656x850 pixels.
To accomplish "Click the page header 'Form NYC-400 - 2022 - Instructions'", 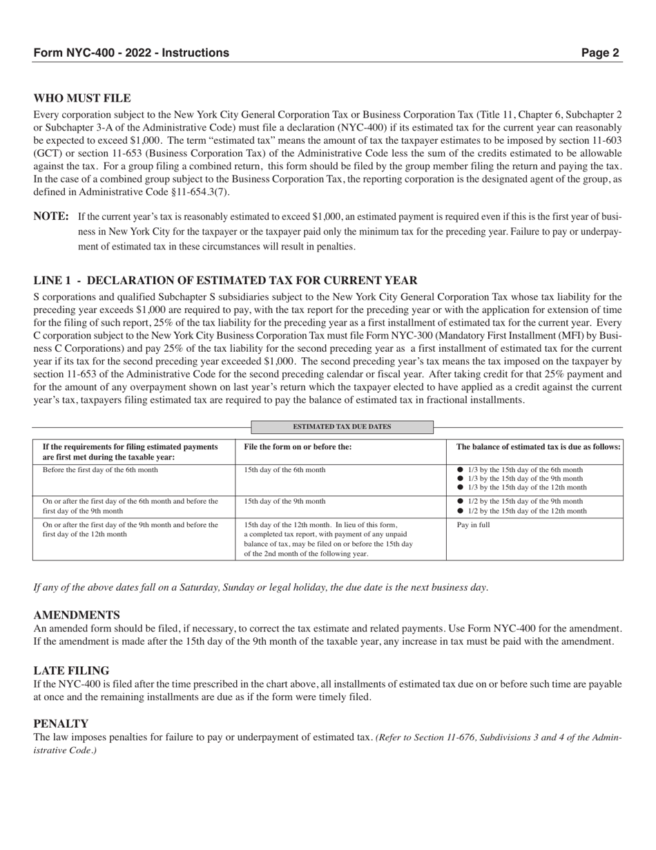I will coord(131,53).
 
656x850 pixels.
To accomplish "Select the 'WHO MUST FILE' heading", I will coord(82,99).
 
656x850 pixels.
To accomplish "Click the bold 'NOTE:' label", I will coord(50,217).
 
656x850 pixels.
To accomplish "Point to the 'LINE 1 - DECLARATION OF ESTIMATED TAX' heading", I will coord(225,281).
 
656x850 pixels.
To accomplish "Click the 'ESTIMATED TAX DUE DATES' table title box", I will coord(342,427).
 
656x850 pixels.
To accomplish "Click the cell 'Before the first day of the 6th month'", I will coord(100,470).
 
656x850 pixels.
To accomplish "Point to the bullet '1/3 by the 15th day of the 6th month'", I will coord(525,470).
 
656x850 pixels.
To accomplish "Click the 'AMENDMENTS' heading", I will coord(77,615).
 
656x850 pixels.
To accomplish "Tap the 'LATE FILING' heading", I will coord(71,670).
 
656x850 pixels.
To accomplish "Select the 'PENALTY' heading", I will coord(61,724).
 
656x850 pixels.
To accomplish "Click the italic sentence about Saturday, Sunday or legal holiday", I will coord(261,587).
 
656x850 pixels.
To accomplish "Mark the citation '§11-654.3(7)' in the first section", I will coord(199,192).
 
